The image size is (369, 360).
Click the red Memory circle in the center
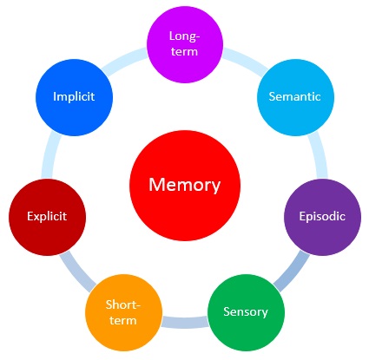(185, 186)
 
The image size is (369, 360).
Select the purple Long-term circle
(185, 44)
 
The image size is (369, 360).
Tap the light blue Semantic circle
(295, 97)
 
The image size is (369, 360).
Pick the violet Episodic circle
(323, 217)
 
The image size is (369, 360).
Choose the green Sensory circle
(246, 312)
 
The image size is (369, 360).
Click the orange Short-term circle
(123, 312)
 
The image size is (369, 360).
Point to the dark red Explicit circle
(47, 217)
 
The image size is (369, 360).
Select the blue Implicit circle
(74, 97)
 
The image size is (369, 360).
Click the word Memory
(185, 186)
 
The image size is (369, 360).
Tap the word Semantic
(294, 96)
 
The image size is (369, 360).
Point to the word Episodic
(322, 217)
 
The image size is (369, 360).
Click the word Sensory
(246, 312)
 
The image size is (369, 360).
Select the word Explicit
(47, 216)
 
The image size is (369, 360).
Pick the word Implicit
(74, 96)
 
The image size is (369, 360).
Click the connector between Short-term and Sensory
(185, 323)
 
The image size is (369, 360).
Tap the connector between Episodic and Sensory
(291, 272)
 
